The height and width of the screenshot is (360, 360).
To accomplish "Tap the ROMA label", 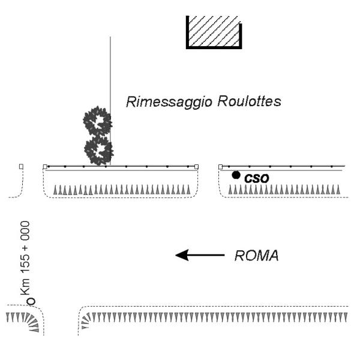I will point(256,256).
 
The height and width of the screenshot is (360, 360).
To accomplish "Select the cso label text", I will point(256,178).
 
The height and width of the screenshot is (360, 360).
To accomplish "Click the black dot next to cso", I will point(236,175).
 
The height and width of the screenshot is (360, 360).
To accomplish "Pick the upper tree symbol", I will point(97,122).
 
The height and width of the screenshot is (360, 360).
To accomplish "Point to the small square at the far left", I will point(21,166).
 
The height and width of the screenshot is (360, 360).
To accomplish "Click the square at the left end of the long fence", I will point(45,166).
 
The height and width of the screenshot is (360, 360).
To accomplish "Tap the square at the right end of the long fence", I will point(197,166).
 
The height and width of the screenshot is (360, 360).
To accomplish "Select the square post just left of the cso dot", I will point(221,166).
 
